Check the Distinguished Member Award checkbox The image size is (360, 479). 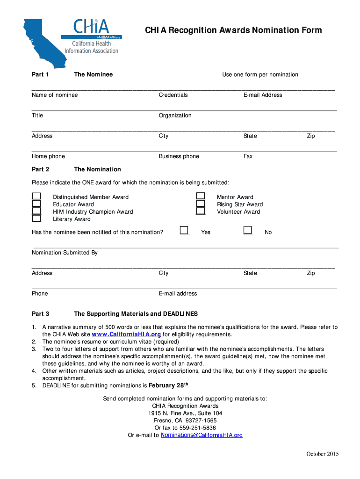[36, 197]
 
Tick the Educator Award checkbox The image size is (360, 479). [36, 204]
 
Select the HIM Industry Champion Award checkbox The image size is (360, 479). [36, 211]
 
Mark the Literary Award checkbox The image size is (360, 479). [36, 218]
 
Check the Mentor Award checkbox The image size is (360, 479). [201, 197]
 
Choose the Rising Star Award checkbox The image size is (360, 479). [201, 204]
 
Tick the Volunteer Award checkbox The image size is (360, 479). [201, 211]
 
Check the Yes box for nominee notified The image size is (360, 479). [184, 230]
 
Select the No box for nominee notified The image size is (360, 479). [248, 230]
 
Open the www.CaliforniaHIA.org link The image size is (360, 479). [126, 334]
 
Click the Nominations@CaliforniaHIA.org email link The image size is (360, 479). [202, 435]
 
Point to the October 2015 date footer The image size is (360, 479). [323, 454]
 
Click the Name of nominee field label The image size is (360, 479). [55, 95]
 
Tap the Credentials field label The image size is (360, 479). [173, 95]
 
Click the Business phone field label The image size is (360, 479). [179, 156]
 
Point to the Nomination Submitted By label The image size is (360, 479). [65, 253]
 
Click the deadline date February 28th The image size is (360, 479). [168, 385]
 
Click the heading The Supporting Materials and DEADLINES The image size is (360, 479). [136, 314]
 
